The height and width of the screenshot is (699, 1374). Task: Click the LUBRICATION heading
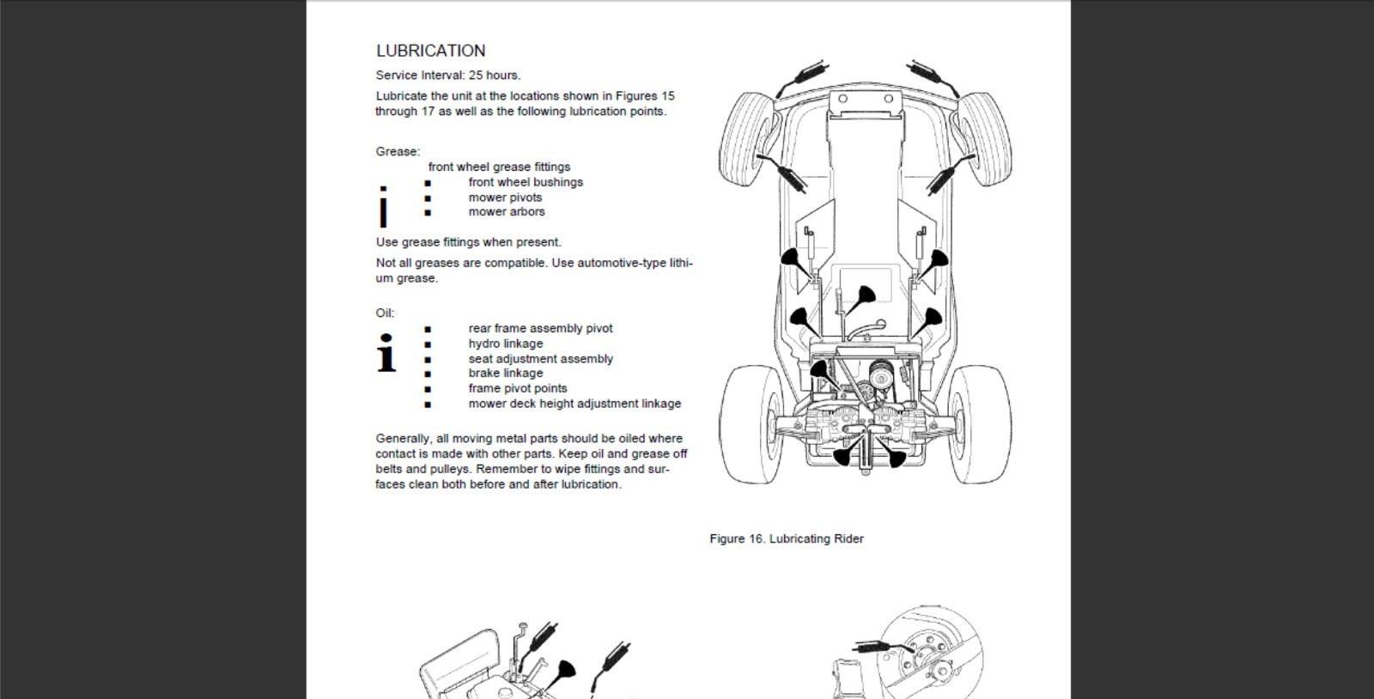tap(430, 51)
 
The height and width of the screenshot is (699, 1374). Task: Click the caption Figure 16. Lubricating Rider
tap(786, 538)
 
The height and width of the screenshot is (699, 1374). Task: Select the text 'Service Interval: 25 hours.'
tap(447, 75)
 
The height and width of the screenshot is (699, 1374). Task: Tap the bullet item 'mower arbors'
tap(506, 211)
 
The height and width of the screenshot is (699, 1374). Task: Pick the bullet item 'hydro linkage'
tap(505, 343)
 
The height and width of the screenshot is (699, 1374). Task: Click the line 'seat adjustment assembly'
tap(540, 359)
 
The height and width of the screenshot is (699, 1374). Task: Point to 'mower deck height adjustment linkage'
tap(575, 404)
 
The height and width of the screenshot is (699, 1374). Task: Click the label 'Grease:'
tap(398, 151)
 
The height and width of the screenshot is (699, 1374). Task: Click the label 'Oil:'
tap(385, 313)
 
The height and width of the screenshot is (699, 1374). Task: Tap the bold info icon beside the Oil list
tap(386, 353)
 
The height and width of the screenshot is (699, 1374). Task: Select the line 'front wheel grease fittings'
tap(499, 167)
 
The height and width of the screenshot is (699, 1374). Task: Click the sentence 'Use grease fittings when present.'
tap(468, 242)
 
